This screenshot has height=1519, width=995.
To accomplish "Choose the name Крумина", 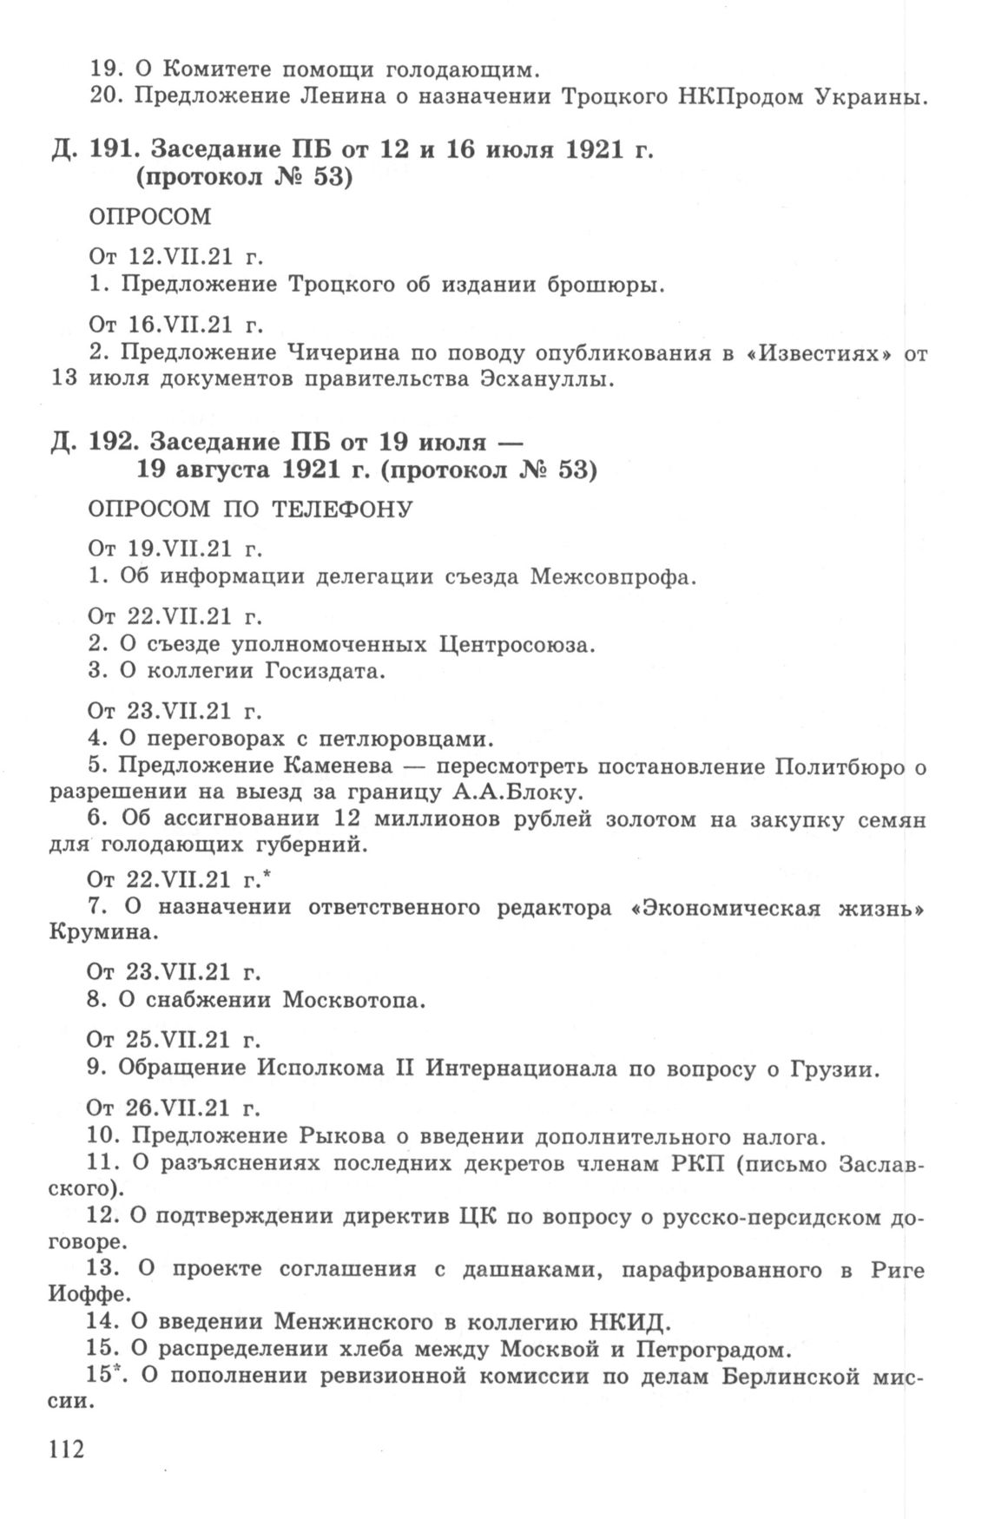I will (105, 932).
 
